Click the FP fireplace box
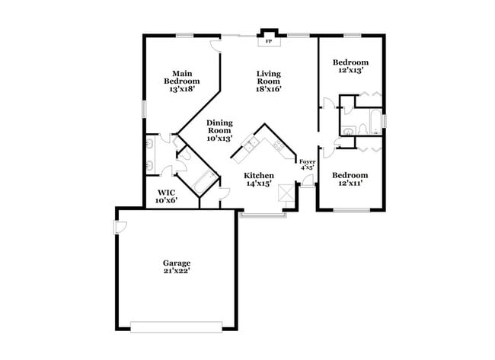267,41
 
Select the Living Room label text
268,81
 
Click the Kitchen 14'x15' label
258,180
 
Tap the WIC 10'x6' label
166,196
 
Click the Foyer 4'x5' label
307,165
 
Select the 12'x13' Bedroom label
351,66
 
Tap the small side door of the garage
120,228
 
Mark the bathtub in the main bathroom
205,183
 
